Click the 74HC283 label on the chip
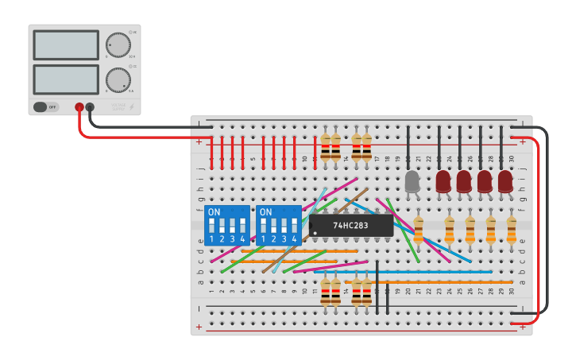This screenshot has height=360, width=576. pyautogui.click(x=351, y=226)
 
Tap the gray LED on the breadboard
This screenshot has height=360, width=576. pyautogui.click(x=412, y=182)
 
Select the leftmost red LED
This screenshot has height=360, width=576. pyautogui.click(x=443, y=182)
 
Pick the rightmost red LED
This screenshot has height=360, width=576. pyautogui.click(x=505, y=182)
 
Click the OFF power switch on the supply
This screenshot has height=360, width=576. pyautogui.click(x=46, y=106)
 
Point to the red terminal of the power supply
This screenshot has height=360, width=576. pyautogui.click(x=79, y=107)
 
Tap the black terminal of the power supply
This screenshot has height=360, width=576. pyautogui.click(x=90, y=107)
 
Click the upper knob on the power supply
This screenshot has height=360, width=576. pyautogui.click(x=118, y=45)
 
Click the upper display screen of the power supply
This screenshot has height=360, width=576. pyautogui.click(x=66, y=45)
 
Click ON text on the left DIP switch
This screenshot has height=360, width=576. pyautogui.click(x=214, y=212)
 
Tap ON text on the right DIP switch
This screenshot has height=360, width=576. pyautogui.click(x=265, y=212)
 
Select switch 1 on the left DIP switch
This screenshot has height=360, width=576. pyautogui.click(x=211, y=230)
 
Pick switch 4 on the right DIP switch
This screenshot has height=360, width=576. pyautogui.click(x=294, y=230)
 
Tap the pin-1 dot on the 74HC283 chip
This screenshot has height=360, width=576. pyautogui.click(x=315, y=233)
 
